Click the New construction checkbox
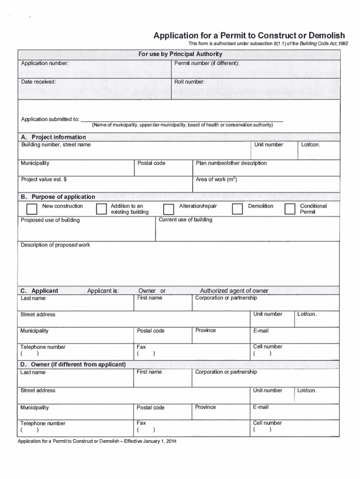(x=32, y=209)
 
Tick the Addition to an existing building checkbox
(x=101, y=209)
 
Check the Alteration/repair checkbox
(x=168, y=209)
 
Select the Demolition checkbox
(x=238, y=209)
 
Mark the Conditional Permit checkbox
(x=290, y=209)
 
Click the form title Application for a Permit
(x=249, y=36)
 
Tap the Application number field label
(x=45, y=63)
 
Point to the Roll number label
(x=189, y=82)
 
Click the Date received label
(x=38, y=82)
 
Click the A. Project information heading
(x=53, y=137)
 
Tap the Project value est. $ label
(x=43, y=180)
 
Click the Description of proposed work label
(x=55, y=245)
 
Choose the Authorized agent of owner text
(x=234, y=290)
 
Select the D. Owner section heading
(x=73, y=364)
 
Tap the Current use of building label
(x=186, y=220)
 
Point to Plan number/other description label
(x=231, y=163)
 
